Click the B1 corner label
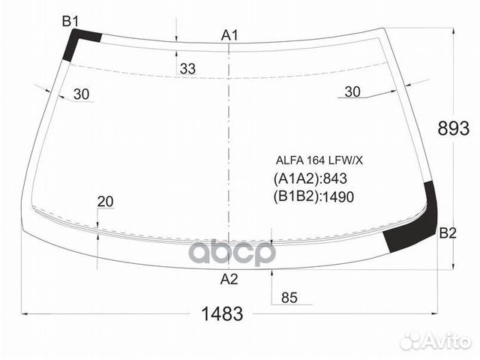click(x=70, y=22)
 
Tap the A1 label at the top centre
click(x=229, y=36)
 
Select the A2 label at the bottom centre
click(x=229, y=279)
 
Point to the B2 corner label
click(x=448, y=233)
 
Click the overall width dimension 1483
click(x=223, y=313)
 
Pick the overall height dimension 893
click(x=453, y=128)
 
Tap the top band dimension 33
click(x=187, y=69)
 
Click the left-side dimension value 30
click(x=82, y=94)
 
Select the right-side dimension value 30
click(x=352, y=91)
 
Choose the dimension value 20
click(x=105, y=202)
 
